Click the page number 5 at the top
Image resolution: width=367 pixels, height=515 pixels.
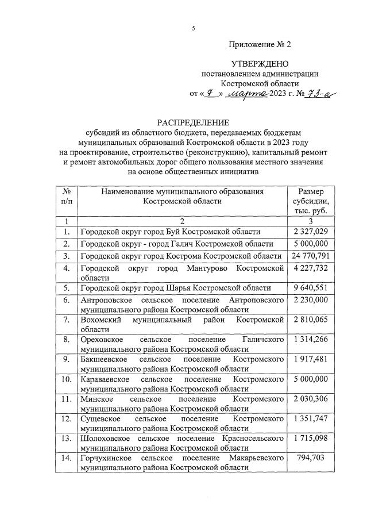(x=194, y=29)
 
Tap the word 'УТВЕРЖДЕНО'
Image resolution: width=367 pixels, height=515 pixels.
(x=260, y=64)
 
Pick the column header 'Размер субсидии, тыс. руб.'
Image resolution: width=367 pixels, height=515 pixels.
(x=310, y=202)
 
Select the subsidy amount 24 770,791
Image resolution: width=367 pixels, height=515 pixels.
(x=310, y=256)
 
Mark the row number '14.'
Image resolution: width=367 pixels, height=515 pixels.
(x=67, y=458)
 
